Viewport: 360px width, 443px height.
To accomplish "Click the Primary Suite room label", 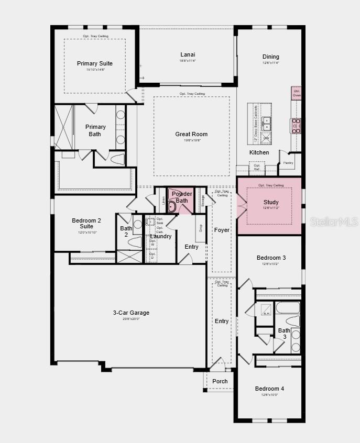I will click(x=94, y=64).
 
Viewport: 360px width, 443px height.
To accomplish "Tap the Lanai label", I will click(x=188, y=54).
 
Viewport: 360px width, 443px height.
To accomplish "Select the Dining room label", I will click(x=270, y=57).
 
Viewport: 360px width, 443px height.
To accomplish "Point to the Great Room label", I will click(x=191, y=135).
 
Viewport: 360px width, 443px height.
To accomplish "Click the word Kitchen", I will click(x=259, y=153).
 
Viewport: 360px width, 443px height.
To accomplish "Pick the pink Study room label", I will click(x=270, y=202).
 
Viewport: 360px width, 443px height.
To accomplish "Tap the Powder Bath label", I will click(x=181, y=197).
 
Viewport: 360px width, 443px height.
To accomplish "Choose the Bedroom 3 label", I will click(x=270, y=258).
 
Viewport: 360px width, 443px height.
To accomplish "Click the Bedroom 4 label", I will click(x=269, y=389).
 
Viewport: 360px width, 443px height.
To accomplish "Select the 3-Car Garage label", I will click(x=131, y=313).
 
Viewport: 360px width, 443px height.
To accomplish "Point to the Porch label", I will click(x=220, y=381).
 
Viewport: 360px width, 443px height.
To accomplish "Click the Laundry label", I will click(x=160, y=236).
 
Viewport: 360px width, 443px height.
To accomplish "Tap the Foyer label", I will click(x=222, y=230).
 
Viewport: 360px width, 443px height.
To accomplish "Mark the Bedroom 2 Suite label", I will click(x=86, y=224).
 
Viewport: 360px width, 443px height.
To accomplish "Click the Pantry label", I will click(x=288, y=163).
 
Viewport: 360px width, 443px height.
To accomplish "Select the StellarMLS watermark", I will click(x=334, y=222).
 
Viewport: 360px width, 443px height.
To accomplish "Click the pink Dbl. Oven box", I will click(x=297, y=93).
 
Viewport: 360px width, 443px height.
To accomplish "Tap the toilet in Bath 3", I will click(x=292, y=320).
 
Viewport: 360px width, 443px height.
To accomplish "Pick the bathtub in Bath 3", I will click(x=288, y=307).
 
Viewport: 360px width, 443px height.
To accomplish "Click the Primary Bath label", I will click(x=95, y=130).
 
